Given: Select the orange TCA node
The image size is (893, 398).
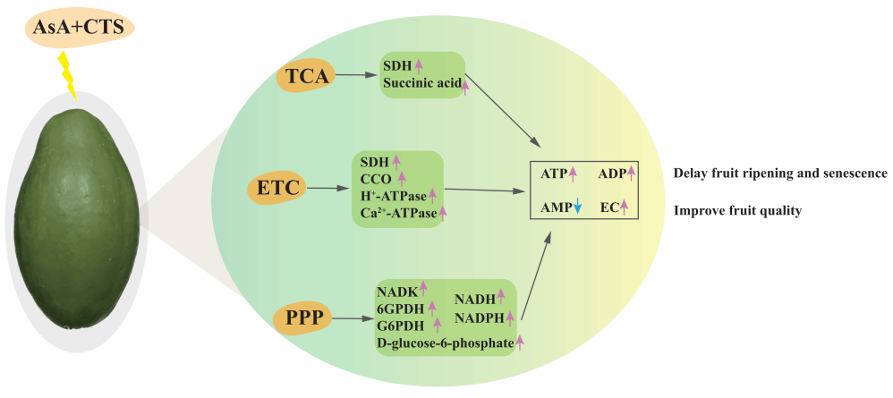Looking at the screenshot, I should [x=305, y=76].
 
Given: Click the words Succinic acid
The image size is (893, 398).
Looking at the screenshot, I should [x=421, y=85].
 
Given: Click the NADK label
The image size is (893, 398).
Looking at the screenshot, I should [x=396, y=290].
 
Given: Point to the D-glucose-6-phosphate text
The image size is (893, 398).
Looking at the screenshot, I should [x=445, y=342].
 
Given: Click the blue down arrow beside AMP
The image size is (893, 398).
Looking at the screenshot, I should [x=578, y=208].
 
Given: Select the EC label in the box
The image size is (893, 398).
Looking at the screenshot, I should [x=609, y=208].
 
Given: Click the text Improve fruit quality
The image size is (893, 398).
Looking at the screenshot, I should [x=736, y=211].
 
